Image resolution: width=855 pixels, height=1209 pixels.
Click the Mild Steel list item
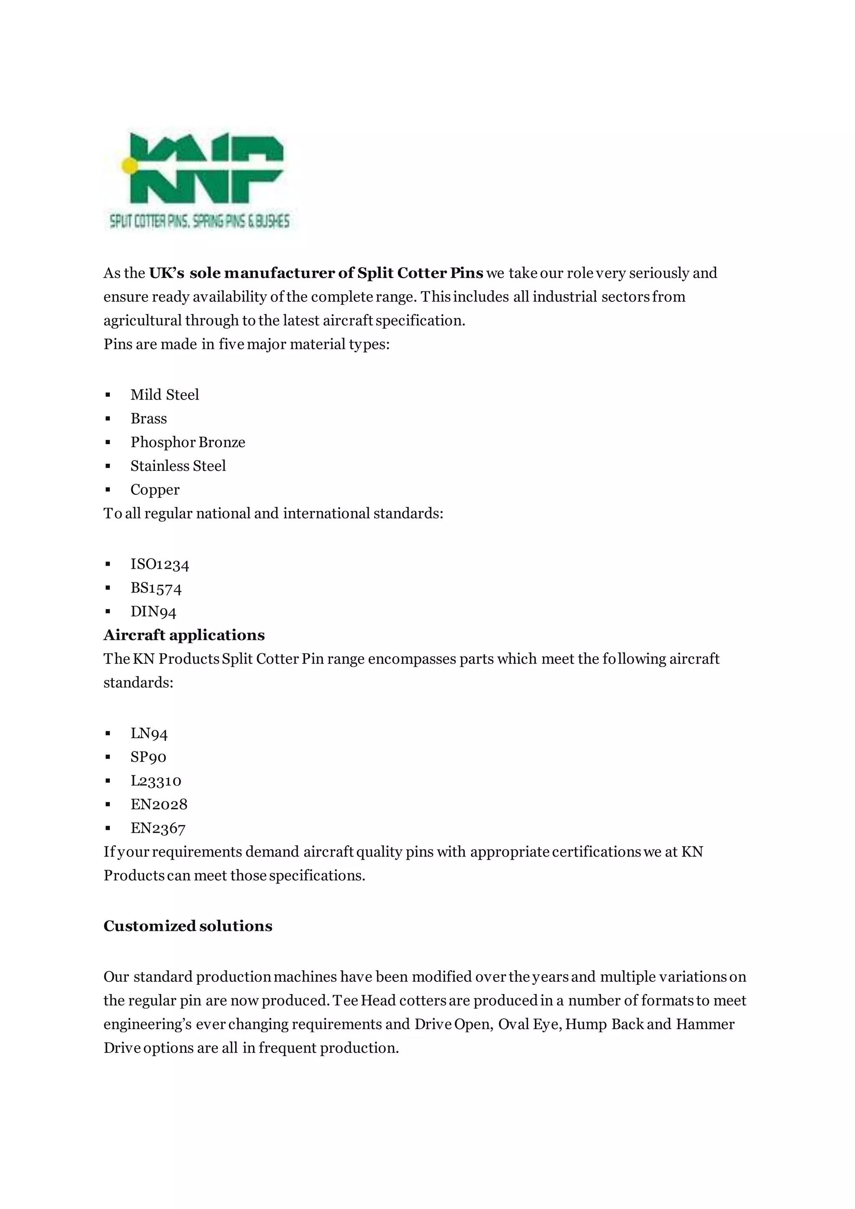point(165,395)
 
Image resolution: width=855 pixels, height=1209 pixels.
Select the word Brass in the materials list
point(149,419)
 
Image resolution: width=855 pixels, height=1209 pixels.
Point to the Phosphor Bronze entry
point(188,443)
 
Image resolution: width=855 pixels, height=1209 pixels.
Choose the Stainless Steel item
point(178,466)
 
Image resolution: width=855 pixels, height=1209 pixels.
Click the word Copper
point(155,490)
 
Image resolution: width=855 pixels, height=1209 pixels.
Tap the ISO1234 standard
point(159,564)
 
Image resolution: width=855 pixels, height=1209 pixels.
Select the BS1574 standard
point(156,588)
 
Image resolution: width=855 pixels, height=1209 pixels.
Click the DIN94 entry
point(153,612)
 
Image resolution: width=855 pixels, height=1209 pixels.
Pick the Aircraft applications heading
point(184,635)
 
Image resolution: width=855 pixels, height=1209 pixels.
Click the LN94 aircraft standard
point(149,733)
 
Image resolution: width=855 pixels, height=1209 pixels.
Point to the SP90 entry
point(149,757)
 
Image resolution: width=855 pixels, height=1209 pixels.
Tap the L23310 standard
point(156,781)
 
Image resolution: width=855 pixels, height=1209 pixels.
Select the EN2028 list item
point(159,804)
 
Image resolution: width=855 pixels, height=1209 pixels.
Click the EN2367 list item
point(158,828)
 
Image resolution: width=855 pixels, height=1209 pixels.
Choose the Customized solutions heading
point(187,926)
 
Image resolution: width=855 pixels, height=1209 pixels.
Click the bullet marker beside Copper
point(108,490)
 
